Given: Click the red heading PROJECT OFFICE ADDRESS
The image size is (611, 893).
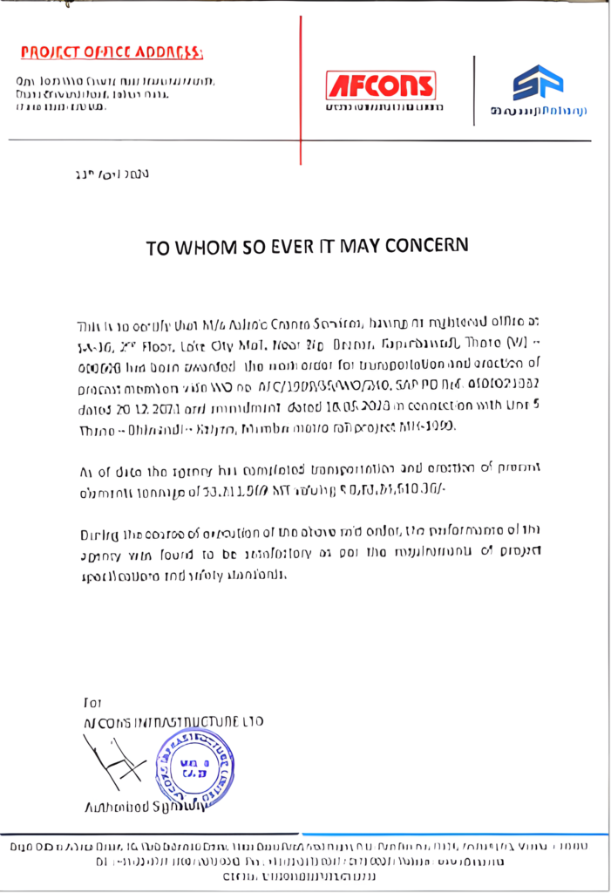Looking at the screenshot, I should point(112,52).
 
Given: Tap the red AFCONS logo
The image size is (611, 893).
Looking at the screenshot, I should point(381,85).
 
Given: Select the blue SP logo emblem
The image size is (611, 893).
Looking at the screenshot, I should point(537,83).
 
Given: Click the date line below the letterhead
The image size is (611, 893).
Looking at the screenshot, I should point(112,174).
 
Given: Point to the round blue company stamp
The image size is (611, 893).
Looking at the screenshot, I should point(194,767).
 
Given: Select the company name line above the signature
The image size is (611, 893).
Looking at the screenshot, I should point(173,721).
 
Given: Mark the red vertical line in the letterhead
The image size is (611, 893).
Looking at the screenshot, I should point(301,87).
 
